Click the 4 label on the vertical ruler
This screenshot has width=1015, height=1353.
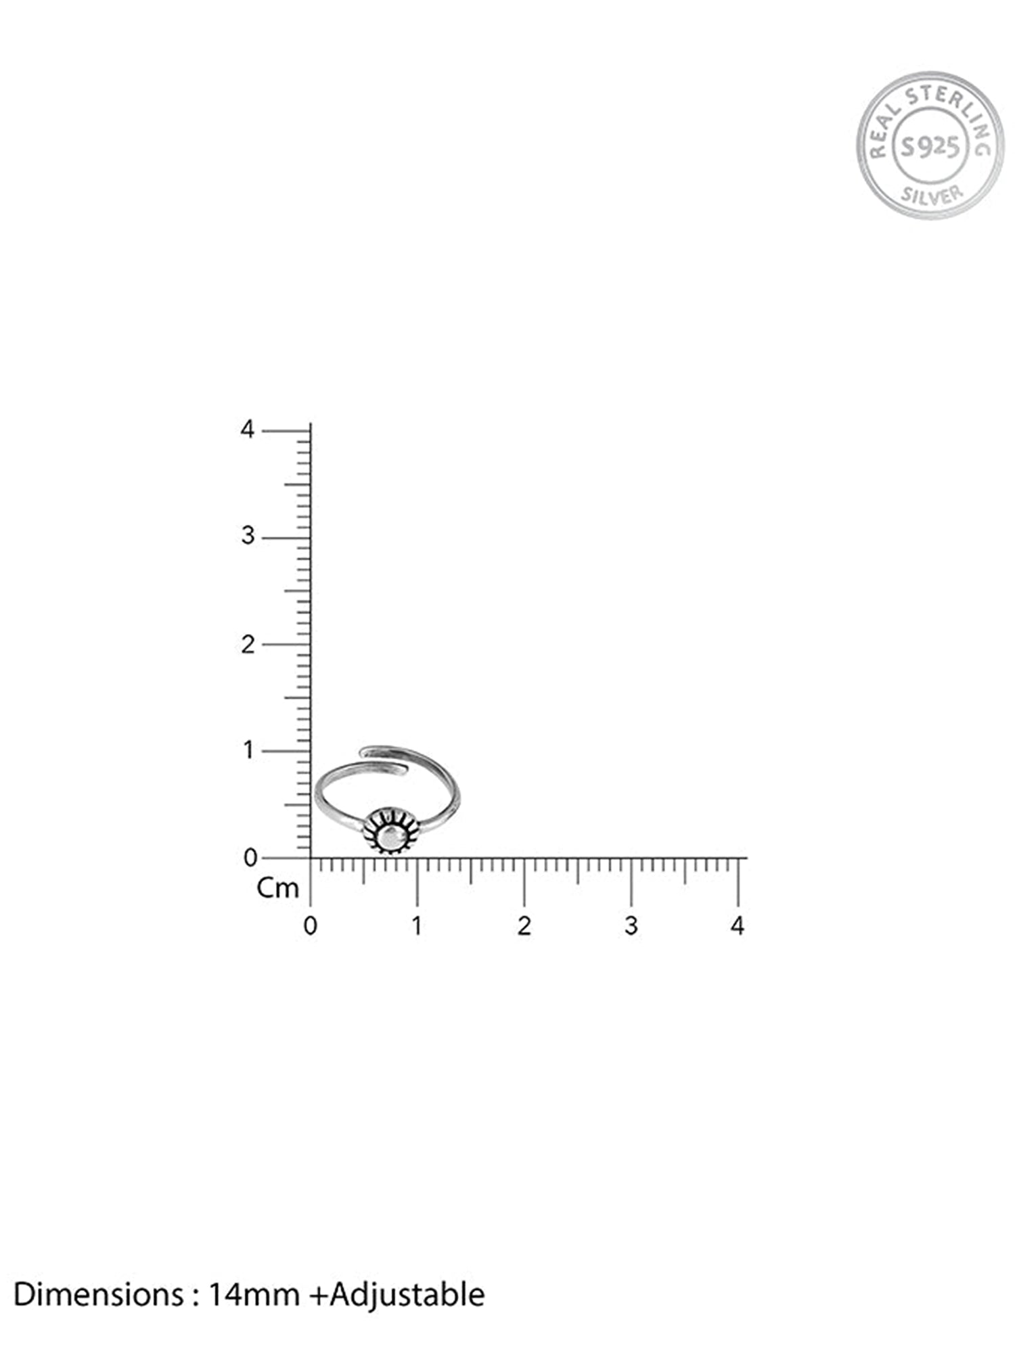point(248,430)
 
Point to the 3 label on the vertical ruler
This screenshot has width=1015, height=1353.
point(248,536)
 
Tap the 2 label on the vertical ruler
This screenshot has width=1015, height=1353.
point(248,644)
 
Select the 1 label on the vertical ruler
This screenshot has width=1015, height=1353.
point(249,750)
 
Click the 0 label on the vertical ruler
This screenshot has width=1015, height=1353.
point(250,858)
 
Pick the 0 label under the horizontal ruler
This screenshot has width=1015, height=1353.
point(310,926)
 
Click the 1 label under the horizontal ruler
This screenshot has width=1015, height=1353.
point(417,926)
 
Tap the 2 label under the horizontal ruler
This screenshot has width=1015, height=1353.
point(524,926)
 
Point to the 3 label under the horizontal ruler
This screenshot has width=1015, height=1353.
point(631,926)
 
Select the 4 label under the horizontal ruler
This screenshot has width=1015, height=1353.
point(738,926)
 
